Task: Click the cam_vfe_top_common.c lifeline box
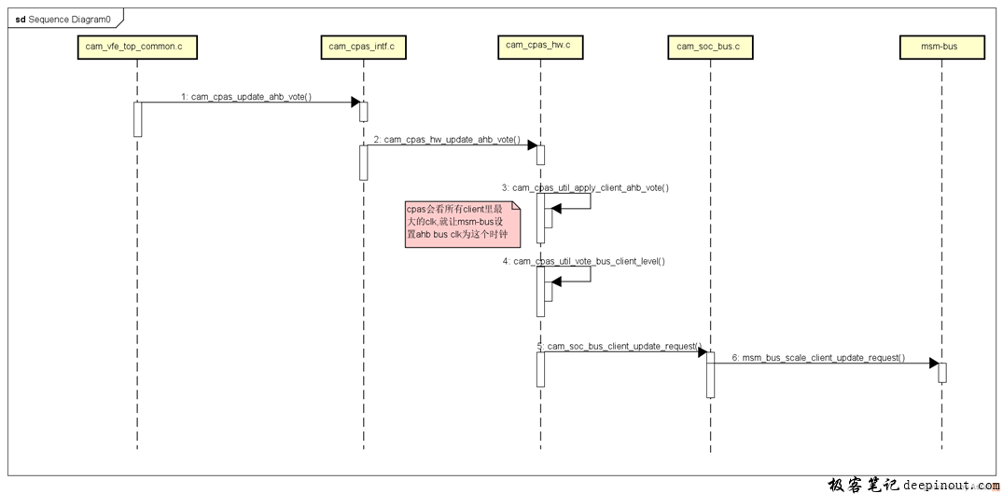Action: tap(136, 47)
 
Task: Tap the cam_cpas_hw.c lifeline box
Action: tap(538, 45)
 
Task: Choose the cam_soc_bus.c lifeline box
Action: tap(708, 47)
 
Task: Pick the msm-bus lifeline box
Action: tap(940, 47)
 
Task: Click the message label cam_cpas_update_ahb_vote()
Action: tap(245, 96)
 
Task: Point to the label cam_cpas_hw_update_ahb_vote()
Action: tap(447, 139)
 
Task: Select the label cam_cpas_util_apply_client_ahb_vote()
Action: tap(590, 187)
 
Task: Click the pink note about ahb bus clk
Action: tap(462, 224)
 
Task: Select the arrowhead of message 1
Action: tap(355, 103)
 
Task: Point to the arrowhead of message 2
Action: tap(532, 145)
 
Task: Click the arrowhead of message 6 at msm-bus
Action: tap(933, 364)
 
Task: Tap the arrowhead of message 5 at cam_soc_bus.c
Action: tap(702, 352)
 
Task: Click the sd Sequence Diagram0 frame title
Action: tap(63, 19)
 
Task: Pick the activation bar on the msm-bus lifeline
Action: tap(942, 373)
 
